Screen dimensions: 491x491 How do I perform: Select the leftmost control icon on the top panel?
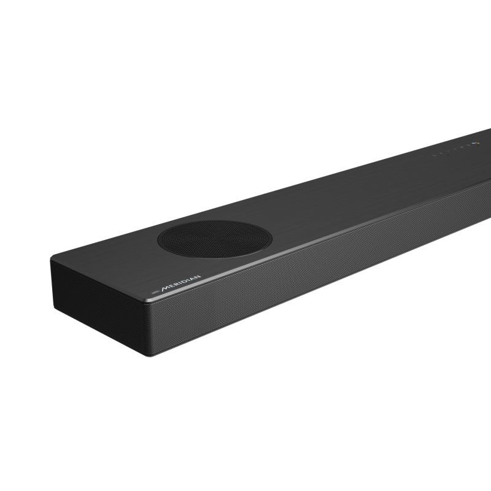tap(434, 155)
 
